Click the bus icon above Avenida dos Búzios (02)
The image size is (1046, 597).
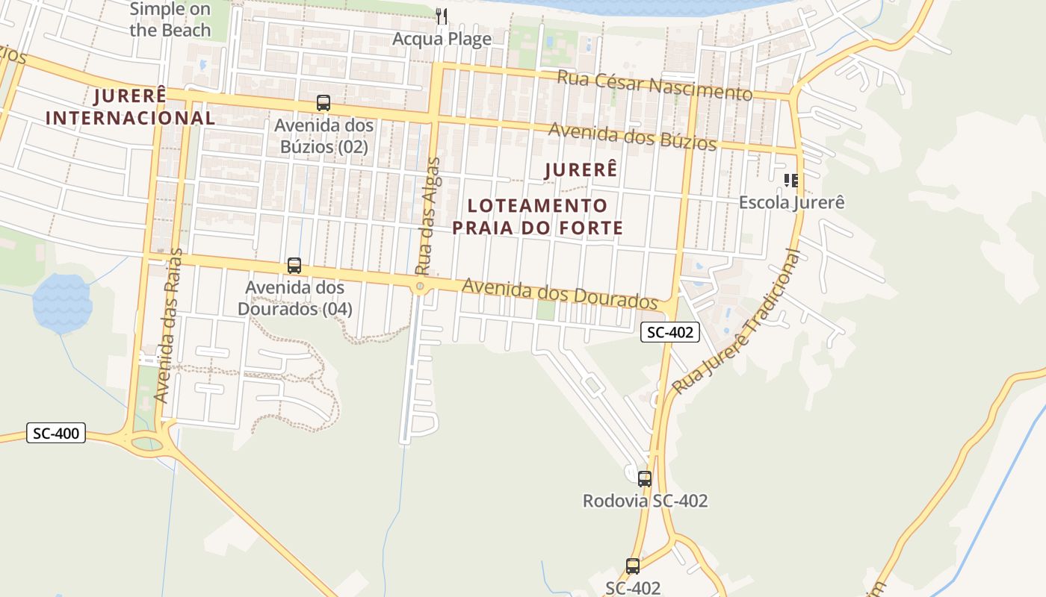click(324, 103)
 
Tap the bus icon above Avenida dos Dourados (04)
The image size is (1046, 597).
click(294, 266)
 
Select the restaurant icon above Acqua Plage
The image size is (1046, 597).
click(442, 16)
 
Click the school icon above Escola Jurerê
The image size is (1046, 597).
click(791, 180)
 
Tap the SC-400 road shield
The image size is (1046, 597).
click(56, 433)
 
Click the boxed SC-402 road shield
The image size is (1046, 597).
click(669, 332)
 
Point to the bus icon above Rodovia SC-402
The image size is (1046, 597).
click(645, 479)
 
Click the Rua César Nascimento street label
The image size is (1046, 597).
click(654, 85)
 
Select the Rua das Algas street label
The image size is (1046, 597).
click(428, 216)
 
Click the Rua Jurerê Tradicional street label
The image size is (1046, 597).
click(737, 322)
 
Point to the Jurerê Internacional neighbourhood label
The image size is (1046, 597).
click(131, 107)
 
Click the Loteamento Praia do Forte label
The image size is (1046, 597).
click(538, 216)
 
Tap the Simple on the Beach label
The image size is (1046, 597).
click(170, 19)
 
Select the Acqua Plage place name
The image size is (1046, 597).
click(442, 39)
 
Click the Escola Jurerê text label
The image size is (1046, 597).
click(792, 202)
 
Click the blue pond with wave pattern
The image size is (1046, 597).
click(62, 303)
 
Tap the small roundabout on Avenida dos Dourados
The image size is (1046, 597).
click(421, 287)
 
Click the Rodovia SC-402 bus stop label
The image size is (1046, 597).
click(645, 501)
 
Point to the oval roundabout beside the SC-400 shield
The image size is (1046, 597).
click(146, 443)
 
